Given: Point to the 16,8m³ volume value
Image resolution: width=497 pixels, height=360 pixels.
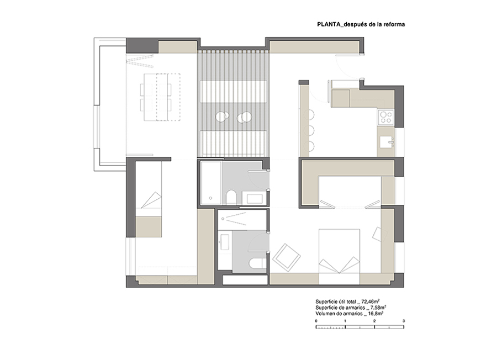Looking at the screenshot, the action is coord(376,314).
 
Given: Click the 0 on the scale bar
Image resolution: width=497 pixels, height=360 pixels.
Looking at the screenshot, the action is coord(316,321).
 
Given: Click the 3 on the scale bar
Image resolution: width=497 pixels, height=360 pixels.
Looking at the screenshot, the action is coord(404,321).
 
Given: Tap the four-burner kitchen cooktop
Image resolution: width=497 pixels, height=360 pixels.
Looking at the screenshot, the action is coord(385,117).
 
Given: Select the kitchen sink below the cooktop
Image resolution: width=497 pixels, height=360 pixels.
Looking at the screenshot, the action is coord(387,142).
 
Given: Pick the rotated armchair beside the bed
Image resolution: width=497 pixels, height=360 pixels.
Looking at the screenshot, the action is coord(287,258).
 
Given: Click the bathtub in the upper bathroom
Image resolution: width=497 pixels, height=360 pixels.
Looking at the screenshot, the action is coord(211,183).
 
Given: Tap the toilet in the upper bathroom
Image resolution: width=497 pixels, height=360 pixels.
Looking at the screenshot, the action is coord(231,197).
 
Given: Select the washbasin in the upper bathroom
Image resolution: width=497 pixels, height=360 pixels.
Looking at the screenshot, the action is coord(255,199).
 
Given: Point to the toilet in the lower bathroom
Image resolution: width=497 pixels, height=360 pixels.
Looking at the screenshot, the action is coord(258,263).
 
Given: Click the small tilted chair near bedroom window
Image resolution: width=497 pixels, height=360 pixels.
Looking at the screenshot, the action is coord(380,235).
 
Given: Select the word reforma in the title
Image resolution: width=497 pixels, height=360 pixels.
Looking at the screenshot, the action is coord(394,24).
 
